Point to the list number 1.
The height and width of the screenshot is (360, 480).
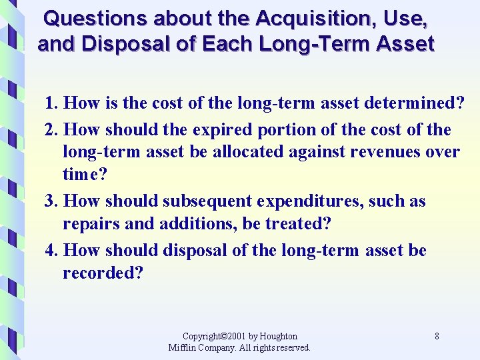point(51,104)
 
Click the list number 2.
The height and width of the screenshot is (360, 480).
point(51,129)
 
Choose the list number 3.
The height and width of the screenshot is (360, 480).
point(51,201)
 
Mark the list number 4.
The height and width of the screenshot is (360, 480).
point(51,251)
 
